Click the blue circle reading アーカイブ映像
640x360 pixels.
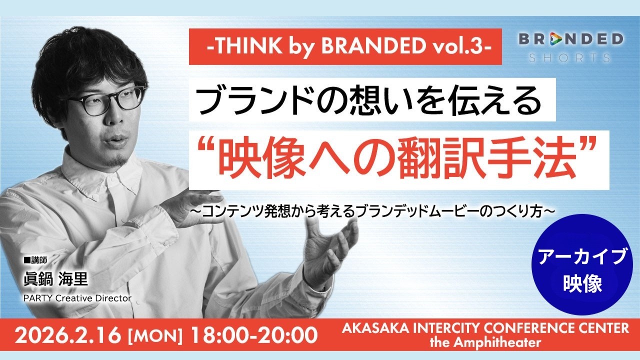(x=583, y=265)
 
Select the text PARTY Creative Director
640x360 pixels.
(x=77, y=298)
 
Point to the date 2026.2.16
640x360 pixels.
(x=67, y=335)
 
